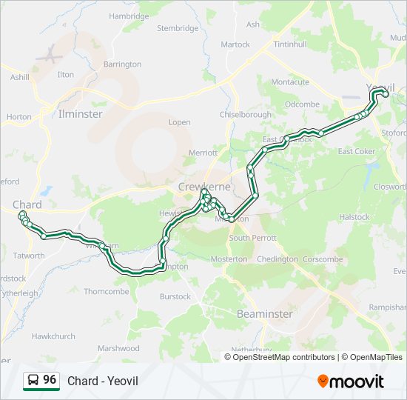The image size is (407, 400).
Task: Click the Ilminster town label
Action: click(81, 114)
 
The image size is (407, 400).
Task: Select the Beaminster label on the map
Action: click(265, 314)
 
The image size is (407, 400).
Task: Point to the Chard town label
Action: click(27, 204)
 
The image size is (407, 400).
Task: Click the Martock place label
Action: click(235, 44)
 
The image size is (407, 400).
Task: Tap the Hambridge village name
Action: click(129, 16)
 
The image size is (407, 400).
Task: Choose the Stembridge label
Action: click(178, 28)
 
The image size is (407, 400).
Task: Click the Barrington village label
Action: click(122, 64)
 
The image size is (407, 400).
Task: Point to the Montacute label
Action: click(290, 82)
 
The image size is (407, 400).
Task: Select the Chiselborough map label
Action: click(246, 114)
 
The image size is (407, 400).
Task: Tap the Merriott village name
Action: click(203, 153)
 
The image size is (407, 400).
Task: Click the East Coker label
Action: click(357, 152)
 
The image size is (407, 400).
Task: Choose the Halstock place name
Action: click(354, 217)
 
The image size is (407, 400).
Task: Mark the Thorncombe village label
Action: click(106, 291)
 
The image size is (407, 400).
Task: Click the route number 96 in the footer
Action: click(50, 379)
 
